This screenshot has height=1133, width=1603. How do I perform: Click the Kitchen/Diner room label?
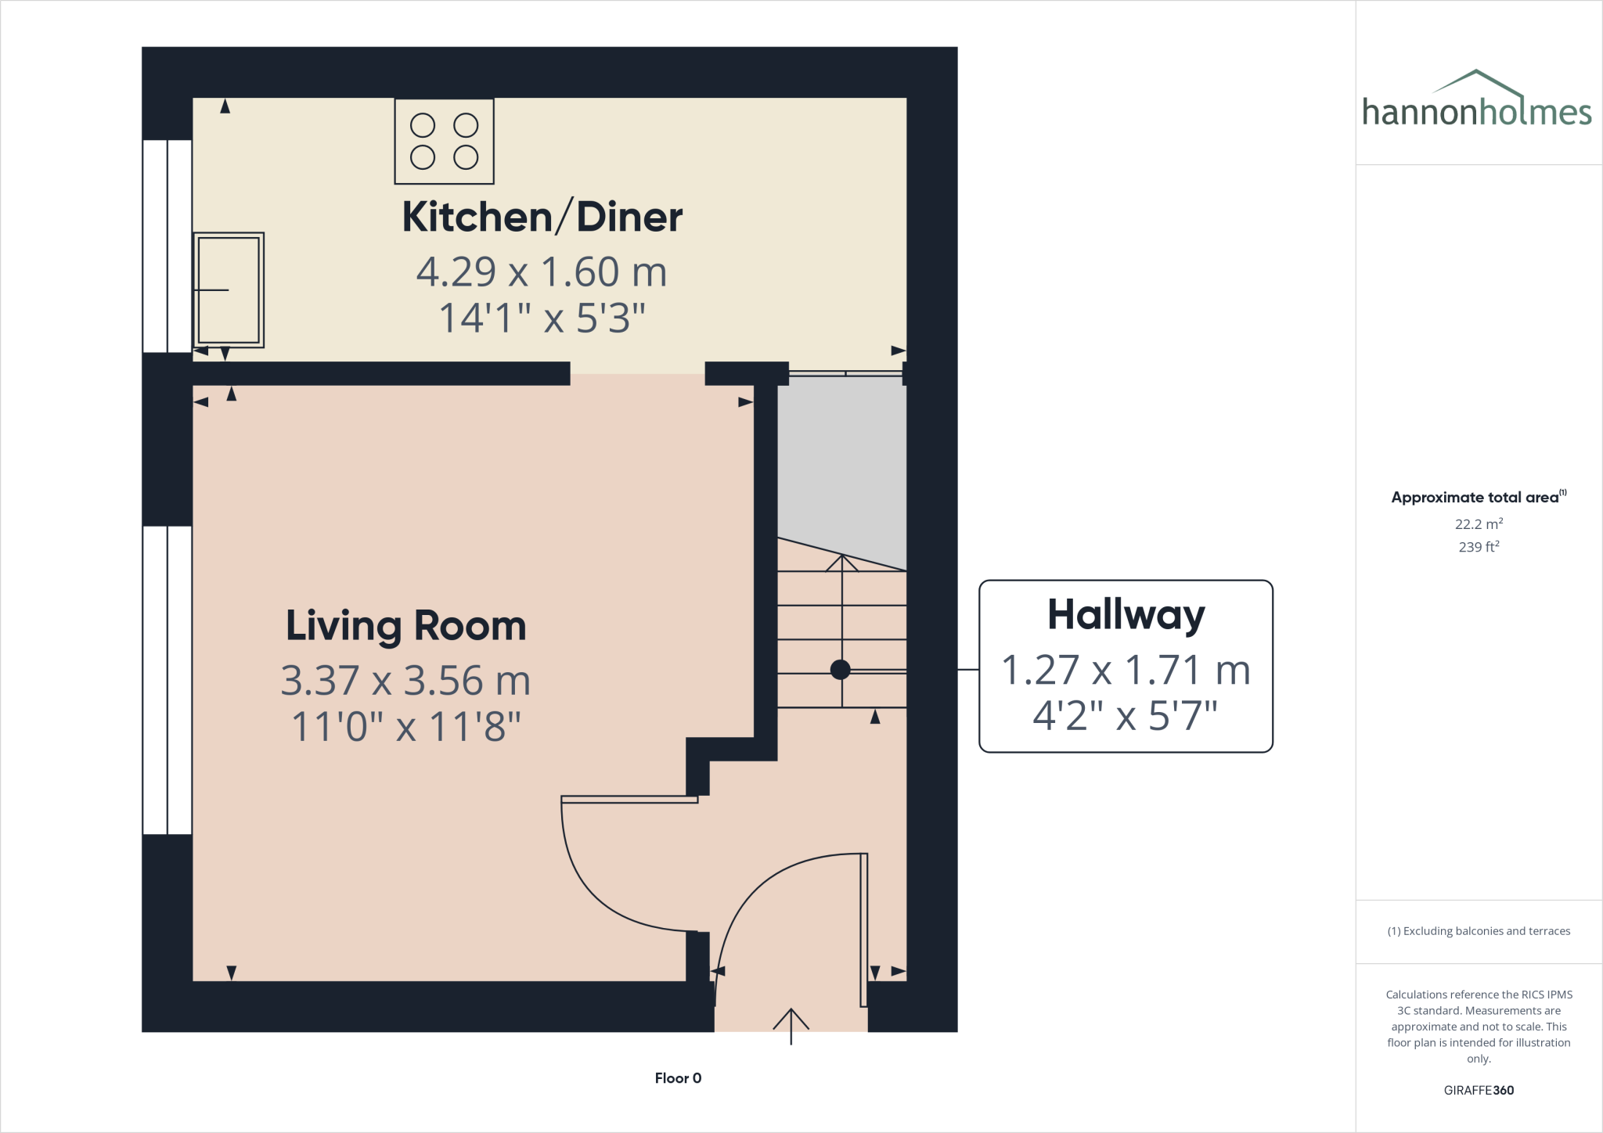[x=542, y=217]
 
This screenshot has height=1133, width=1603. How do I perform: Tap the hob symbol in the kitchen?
[x=444, y=142]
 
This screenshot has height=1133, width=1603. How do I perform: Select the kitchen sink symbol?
[x=229, y=290]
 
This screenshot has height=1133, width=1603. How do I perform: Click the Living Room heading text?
[x=405, y=626]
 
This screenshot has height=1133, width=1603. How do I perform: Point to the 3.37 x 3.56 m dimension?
[x=405, y=681]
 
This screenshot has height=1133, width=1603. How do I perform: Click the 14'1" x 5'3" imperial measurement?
[x=542, y=318]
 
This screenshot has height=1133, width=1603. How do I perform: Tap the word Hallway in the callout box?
[x=1126, y=615]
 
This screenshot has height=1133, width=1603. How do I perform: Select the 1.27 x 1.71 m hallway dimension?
[x=1126, y=671]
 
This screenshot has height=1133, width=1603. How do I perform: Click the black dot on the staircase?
[x=840, y=670]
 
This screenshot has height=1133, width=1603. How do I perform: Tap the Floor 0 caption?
[x=678, y=1078]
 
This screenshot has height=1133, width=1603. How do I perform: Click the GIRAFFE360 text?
[x=1479, y=1090]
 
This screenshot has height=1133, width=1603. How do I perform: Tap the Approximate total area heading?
[x=1476, y=498]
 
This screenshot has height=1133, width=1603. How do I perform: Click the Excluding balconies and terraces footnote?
[x=1479, y=931]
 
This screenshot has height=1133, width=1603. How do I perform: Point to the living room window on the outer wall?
[x=168, y=680]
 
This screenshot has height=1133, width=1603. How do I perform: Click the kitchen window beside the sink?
[x=168, y=246]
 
